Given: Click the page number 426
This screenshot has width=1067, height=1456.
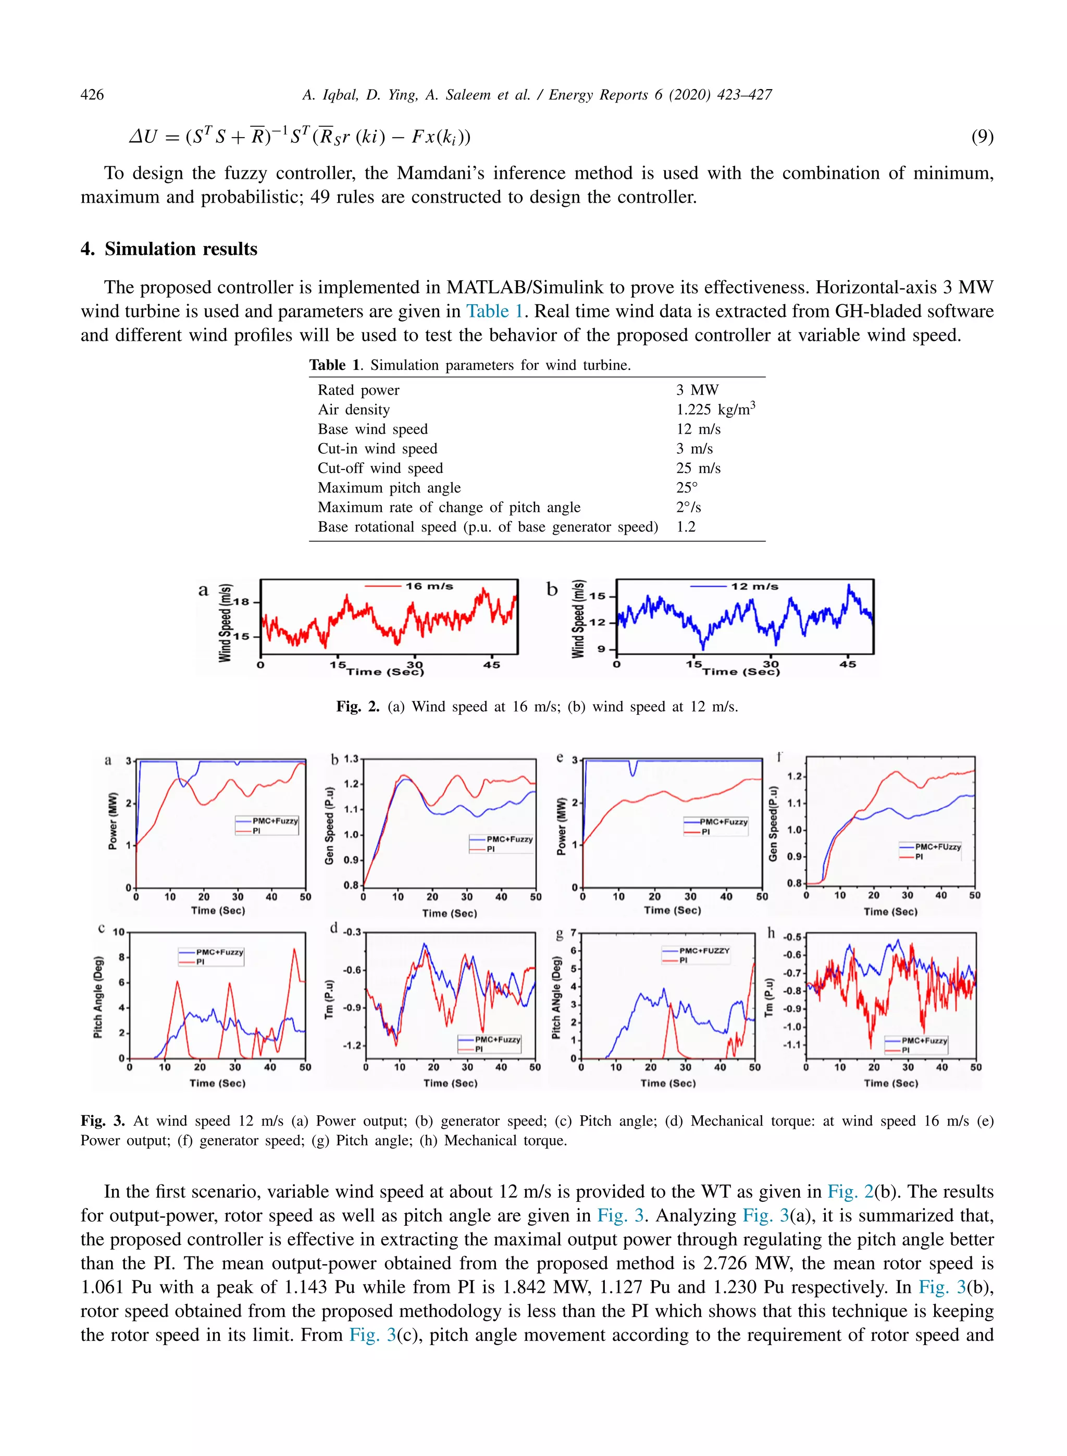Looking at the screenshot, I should click(92, 95).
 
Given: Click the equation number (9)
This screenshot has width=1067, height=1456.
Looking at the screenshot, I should click(982, 137).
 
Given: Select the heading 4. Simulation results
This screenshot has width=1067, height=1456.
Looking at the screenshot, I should click(169, 249).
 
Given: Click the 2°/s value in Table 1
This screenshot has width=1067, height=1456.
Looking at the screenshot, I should click(689, 507).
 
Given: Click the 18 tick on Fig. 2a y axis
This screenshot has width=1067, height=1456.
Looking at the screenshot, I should click(241, 602).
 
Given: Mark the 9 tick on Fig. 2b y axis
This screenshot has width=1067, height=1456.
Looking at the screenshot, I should click(601, 649).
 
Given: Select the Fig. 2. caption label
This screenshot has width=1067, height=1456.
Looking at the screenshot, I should click(358, 707).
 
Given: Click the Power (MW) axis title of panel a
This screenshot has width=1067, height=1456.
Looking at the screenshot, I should click(114, 820).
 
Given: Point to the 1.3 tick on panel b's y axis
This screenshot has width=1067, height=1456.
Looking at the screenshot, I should click(351, 759).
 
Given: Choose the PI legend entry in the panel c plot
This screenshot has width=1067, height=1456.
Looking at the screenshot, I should click(200, 962).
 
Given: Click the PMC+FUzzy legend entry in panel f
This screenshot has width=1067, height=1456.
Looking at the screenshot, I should click(938, 846).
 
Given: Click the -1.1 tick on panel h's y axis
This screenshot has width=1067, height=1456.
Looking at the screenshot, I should click(792, 1044).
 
